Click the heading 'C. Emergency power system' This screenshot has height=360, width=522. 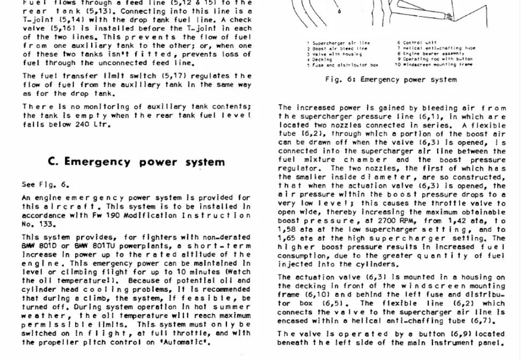pos(136,162)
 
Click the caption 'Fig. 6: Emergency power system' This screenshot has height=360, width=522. pos(391,79)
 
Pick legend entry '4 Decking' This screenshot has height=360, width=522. pos(320,60)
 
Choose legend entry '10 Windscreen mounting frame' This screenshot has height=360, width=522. pos(434,65)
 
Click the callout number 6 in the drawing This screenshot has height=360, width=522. pos(339,11)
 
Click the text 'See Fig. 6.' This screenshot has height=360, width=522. pos(45,185)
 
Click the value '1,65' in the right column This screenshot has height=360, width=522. pos(288,238)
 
